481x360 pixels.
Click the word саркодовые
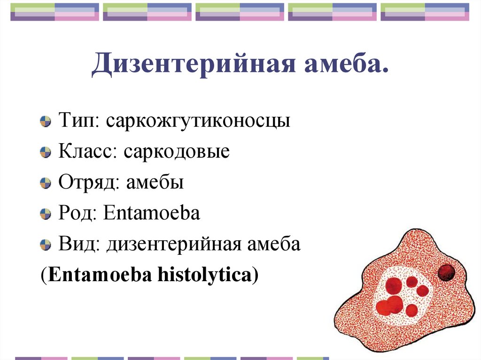(x=177, y=152)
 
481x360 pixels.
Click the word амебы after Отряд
(x=154, y=183)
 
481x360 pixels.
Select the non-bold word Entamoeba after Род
(x=152, y=214)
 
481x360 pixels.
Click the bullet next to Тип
(x=45, y=122)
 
